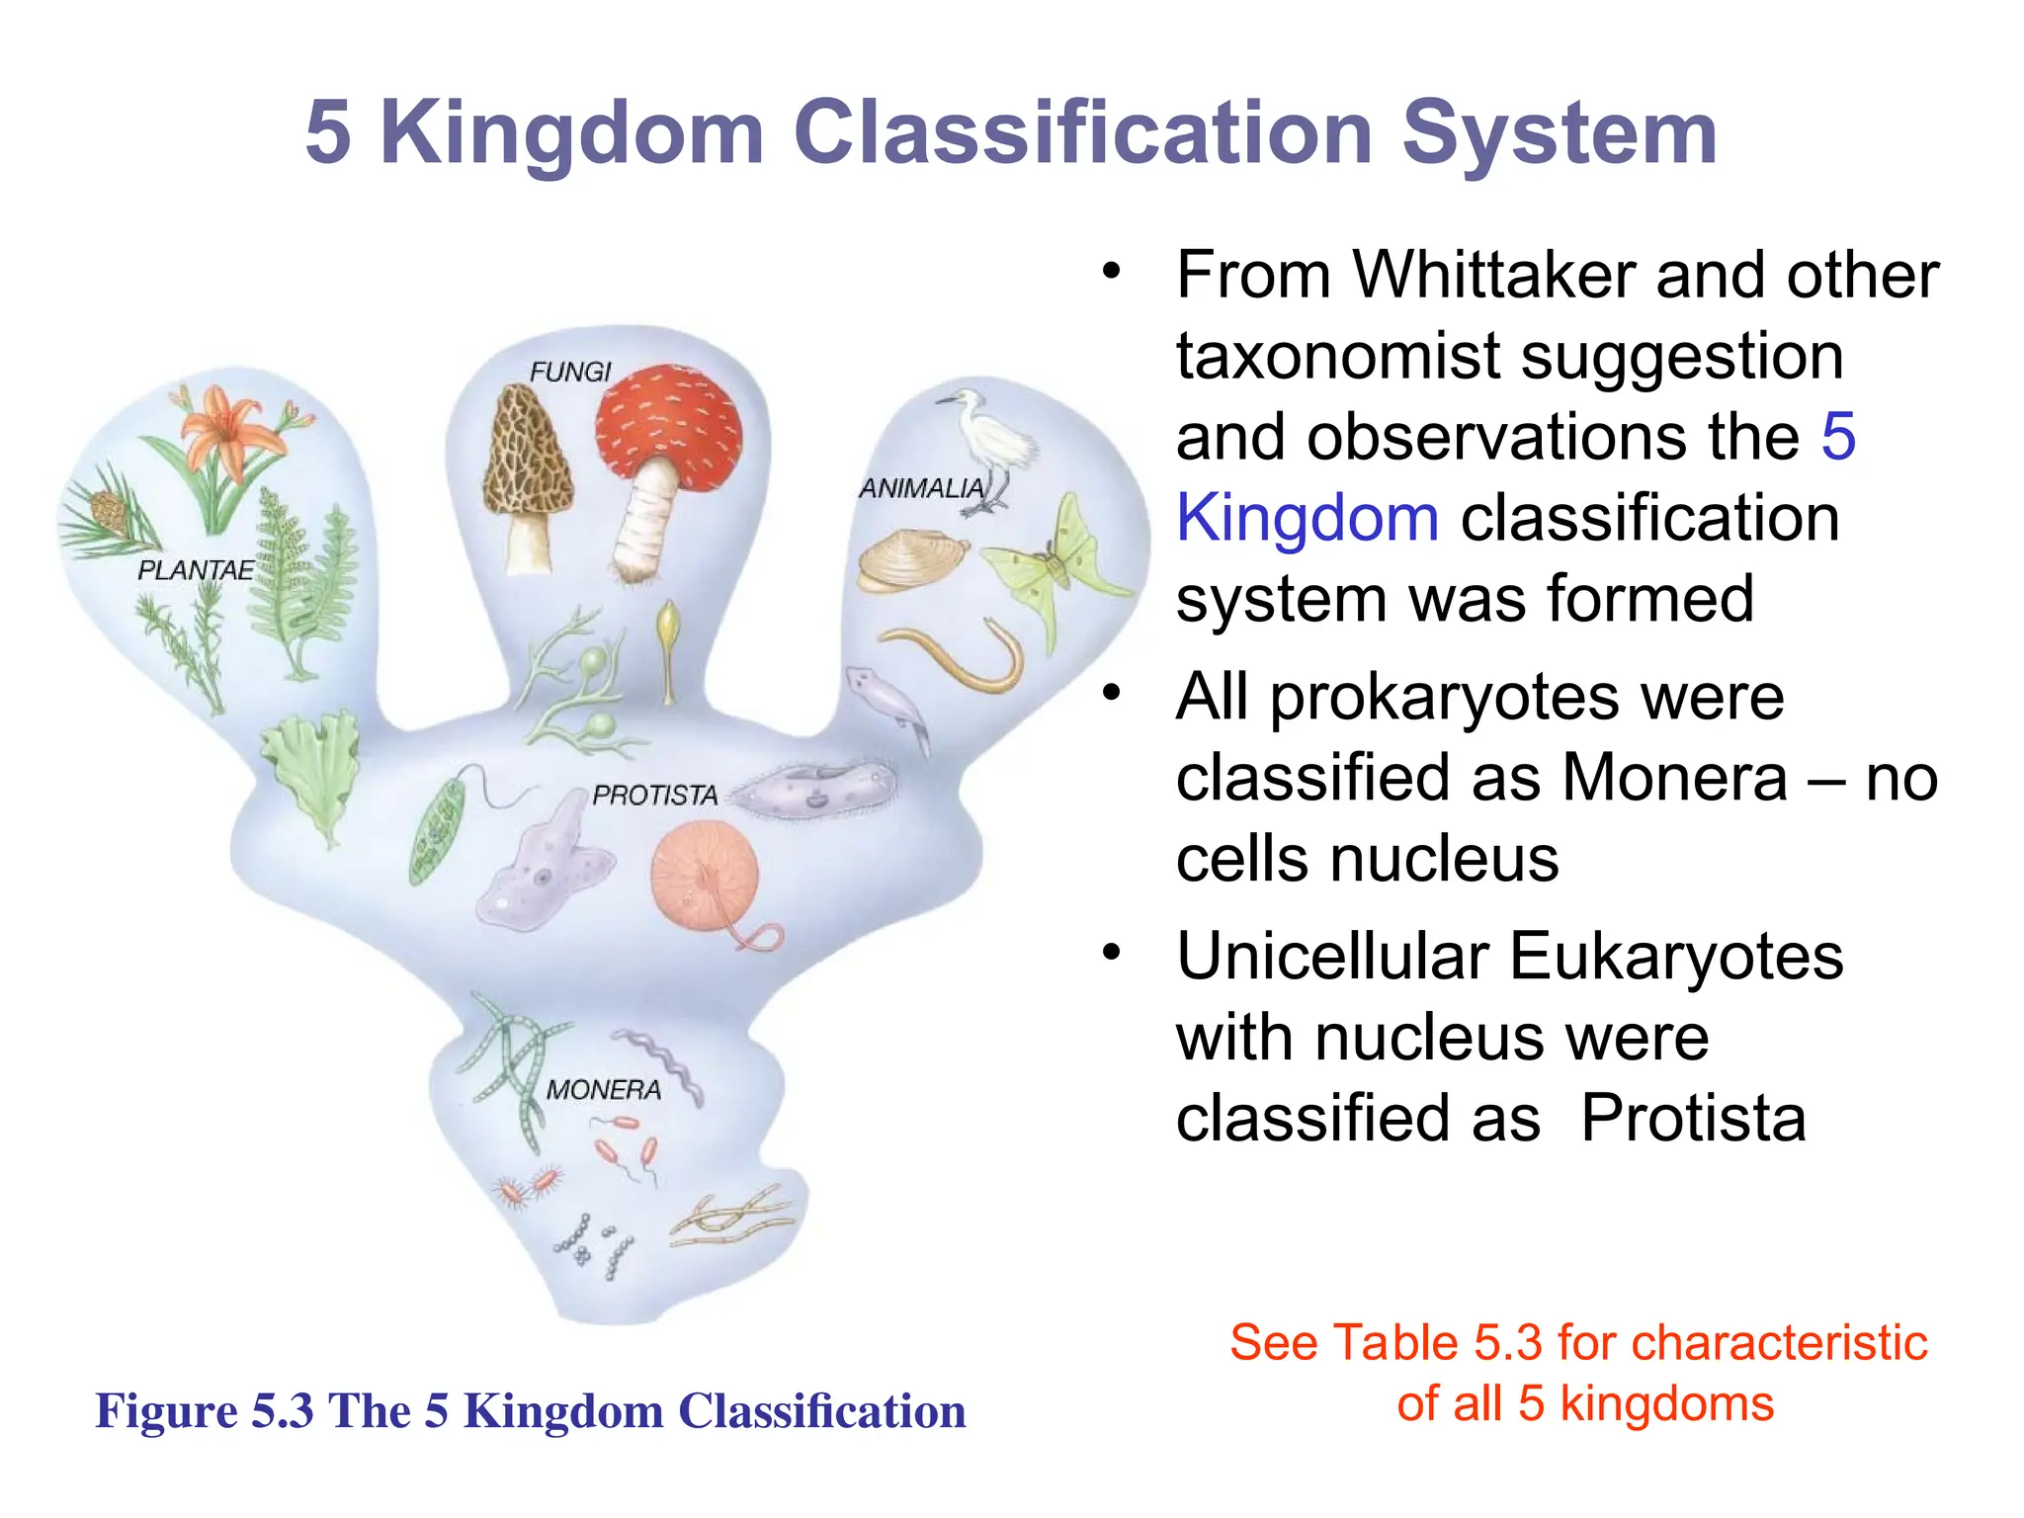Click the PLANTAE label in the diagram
[x=196, y=570]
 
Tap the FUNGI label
[x=570, y=372]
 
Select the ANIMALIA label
[x=921, y=488]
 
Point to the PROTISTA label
[x=654, y=796]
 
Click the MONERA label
[x=604, y=1090]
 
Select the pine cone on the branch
[x=109, y=510]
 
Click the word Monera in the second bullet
[x=1674, y=778]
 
